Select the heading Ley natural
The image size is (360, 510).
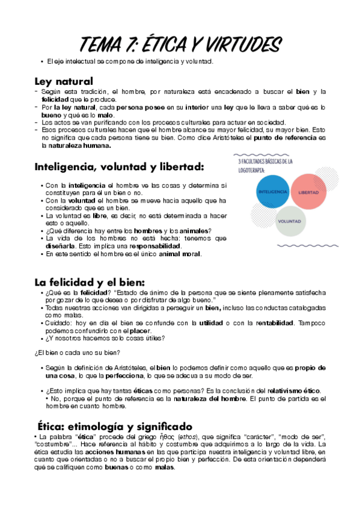point(64,80)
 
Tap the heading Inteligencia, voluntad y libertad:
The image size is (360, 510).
point(120,166)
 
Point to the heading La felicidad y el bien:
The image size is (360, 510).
point(90,282)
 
